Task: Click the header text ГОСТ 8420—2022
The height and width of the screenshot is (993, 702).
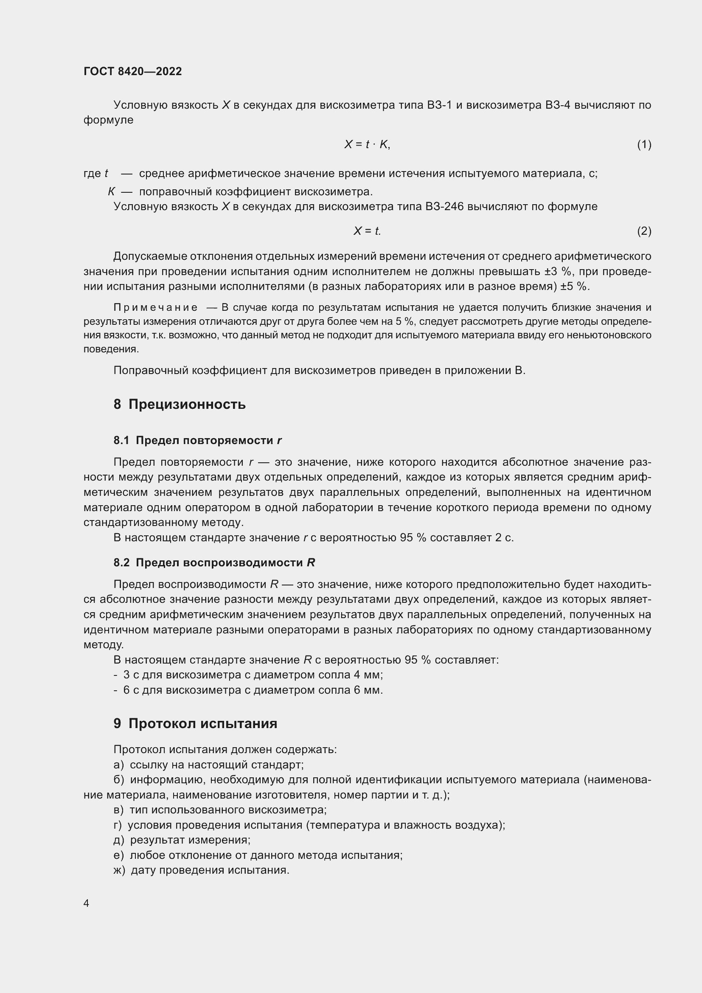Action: [x=133, y=71]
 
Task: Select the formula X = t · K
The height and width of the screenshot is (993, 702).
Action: [x=367, y=144]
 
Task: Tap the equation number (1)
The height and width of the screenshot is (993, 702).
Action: [x=644, y=144]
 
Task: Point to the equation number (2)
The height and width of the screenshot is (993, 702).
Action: [x=644, y=231]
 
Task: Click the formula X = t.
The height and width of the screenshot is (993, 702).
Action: [x=367, y=231]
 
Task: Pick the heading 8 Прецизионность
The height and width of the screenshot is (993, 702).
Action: [x=180, y=405]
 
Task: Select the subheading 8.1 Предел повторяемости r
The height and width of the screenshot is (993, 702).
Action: [x=197, y=440]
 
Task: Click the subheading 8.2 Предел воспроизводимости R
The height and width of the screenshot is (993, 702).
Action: [x=214, y=563]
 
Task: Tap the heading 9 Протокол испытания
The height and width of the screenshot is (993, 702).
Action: [x=195, y=723]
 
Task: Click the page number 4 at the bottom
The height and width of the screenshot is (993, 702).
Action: [x=87, y=903]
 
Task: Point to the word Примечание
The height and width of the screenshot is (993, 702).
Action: [x=156, y=307]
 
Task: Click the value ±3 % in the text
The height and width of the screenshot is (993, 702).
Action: [x=558, y=272]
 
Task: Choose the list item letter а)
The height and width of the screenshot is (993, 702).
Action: [x=118, y=765]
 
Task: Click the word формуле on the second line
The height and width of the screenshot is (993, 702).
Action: [x=109, y=120]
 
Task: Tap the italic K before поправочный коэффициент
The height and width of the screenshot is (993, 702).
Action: [x=111, y=191]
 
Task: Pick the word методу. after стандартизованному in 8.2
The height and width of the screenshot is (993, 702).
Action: [x=104, y=645]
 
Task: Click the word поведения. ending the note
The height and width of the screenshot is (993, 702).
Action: [x=111, y=349]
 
